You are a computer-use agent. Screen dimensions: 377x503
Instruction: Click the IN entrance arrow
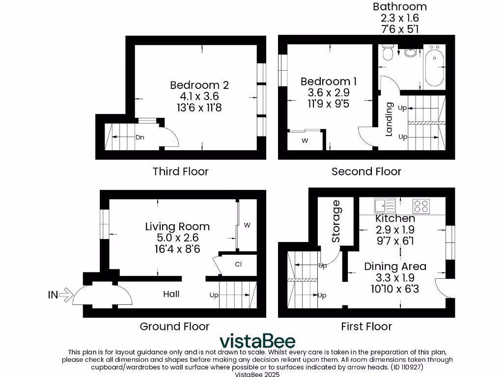coord(66,295)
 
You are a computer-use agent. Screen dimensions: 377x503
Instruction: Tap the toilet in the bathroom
coord(387,53)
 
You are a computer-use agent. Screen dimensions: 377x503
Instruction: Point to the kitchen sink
coord(384,205)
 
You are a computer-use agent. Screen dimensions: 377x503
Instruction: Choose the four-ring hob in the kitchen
coord(420,205)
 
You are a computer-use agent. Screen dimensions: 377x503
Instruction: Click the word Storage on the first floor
coord(336,221)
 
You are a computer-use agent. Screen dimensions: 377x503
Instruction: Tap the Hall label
coord(171,294)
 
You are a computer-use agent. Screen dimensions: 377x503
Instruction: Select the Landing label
coord(389,119)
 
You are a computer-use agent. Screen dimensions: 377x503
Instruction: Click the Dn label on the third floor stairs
coord(140,137)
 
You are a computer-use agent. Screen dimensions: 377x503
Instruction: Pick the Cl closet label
coord(238,265)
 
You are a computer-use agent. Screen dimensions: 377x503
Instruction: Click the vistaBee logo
coord(257,341)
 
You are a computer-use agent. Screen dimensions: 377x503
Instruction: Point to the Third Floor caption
coord(180,171)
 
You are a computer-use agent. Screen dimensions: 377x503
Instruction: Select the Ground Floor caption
coord(174,326)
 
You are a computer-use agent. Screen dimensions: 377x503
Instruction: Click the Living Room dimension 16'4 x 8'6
coord(177,248)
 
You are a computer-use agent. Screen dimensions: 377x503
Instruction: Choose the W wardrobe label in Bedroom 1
coord(305,141)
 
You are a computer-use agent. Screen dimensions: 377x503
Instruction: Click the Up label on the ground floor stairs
coord(214,296)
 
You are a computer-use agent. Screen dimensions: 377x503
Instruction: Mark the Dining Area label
coord(395,267)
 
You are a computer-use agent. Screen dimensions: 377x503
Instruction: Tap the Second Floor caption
coord(366,171)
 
